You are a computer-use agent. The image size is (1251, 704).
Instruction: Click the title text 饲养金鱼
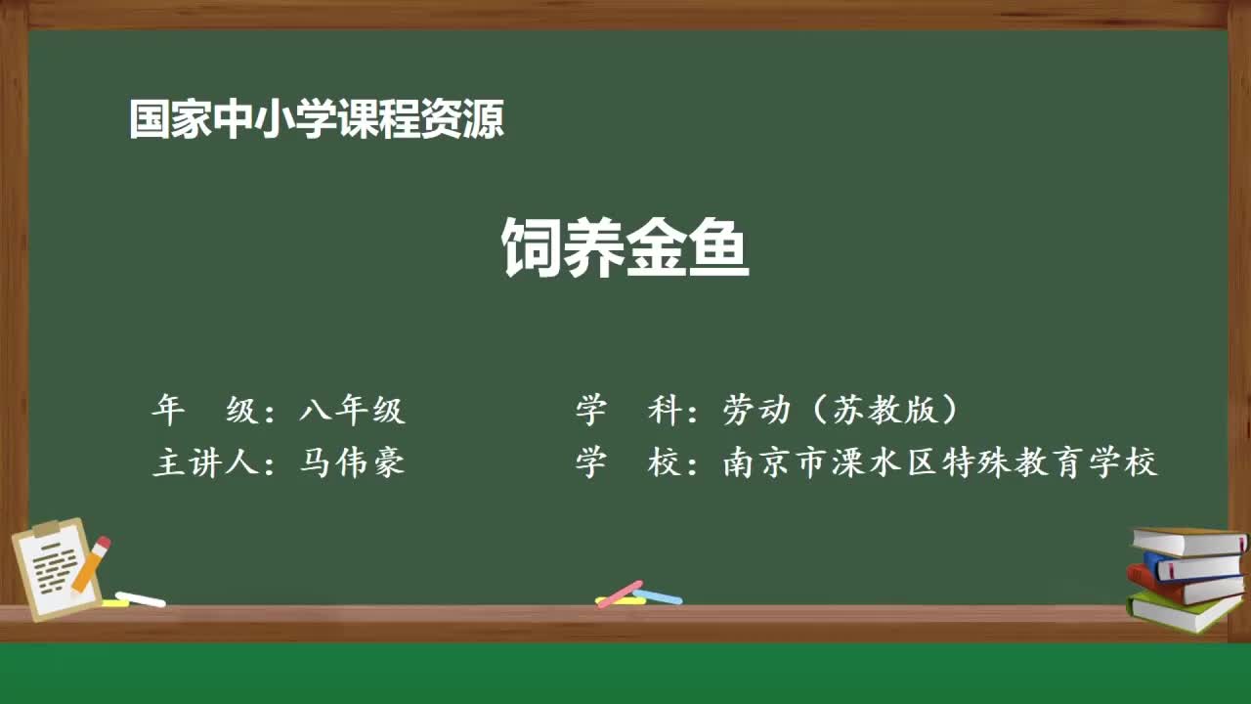[625, 247]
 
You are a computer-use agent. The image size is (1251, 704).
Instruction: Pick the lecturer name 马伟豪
[352, 462]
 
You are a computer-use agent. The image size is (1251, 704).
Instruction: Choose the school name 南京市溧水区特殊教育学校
[940, 462]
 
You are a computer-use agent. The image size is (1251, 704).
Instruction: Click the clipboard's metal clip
[47, 529]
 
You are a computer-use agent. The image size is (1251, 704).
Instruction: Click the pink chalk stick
[620, 593]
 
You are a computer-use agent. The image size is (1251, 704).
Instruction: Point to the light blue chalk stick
[658, 595]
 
